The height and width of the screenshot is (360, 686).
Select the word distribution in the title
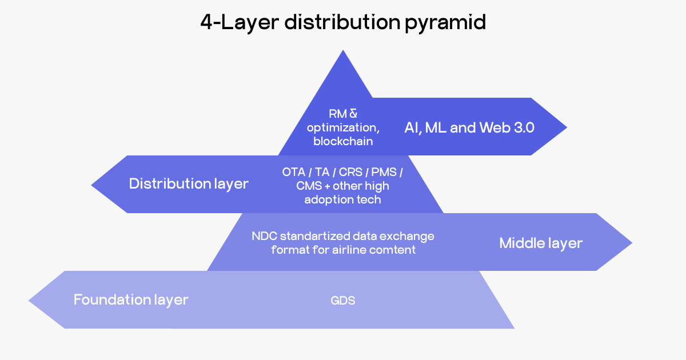[x=342, y=23]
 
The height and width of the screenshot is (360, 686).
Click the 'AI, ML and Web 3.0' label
[x=469, y=127]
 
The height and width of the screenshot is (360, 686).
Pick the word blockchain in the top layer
[x=343, y=141]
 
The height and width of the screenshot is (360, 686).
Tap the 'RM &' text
[x=343, y=114]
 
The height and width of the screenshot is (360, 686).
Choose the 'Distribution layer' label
[x=189, y=183]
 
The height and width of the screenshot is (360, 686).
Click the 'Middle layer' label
[x=541, y=243]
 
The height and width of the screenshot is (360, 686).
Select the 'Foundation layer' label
[x=131, y=299]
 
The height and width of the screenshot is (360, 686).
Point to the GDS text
[x=343, y=301]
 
